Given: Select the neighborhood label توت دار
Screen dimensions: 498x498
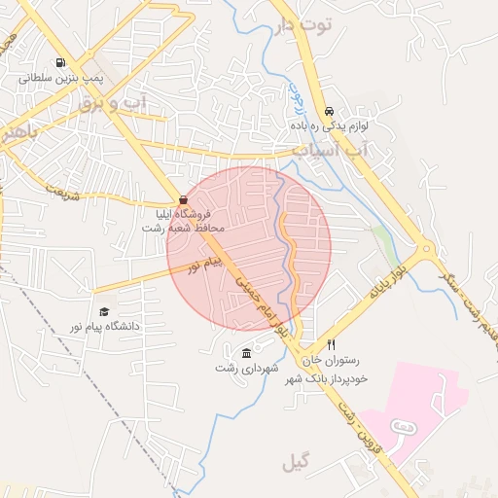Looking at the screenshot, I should pyautogui.click(x=304, y=26).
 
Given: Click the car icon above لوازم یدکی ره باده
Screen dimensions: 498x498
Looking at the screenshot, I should pyautogui.click(x=329, y=111).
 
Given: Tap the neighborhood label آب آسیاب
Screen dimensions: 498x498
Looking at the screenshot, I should pyautogui.click(x=331, y=151).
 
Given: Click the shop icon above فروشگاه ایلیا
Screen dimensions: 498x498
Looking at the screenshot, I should pyautogui.click(x=183, y=198).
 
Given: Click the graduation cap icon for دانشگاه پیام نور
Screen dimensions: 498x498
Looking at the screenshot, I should pyautogui.click(x=103, y=311).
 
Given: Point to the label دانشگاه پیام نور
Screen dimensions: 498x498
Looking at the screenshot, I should pyautogui.click(x=103, y=326).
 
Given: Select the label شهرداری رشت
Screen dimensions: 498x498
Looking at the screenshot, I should pyautogui.click(x=247, y=369).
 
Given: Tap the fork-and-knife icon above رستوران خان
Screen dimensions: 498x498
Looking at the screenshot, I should pyautogui.click(x=331, y=345).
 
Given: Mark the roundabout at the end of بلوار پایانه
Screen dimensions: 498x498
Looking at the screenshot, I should pyautogui.click(x=425, y=252).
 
